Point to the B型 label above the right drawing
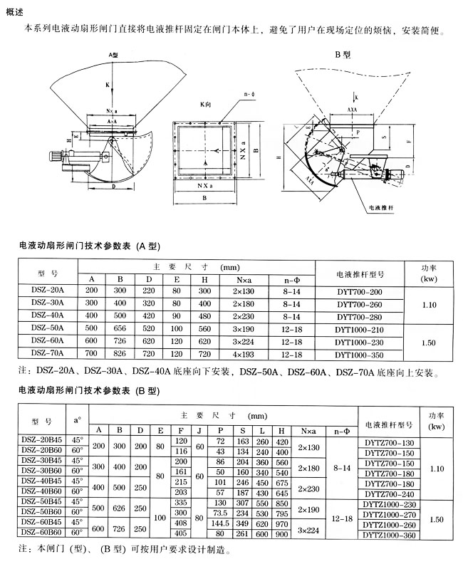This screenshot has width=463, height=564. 344,54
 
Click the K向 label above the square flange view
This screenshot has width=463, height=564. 207,105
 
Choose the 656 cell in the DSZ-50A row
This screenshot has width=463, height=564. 120,328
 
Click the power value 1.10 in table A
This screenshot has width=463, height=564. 429,303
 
